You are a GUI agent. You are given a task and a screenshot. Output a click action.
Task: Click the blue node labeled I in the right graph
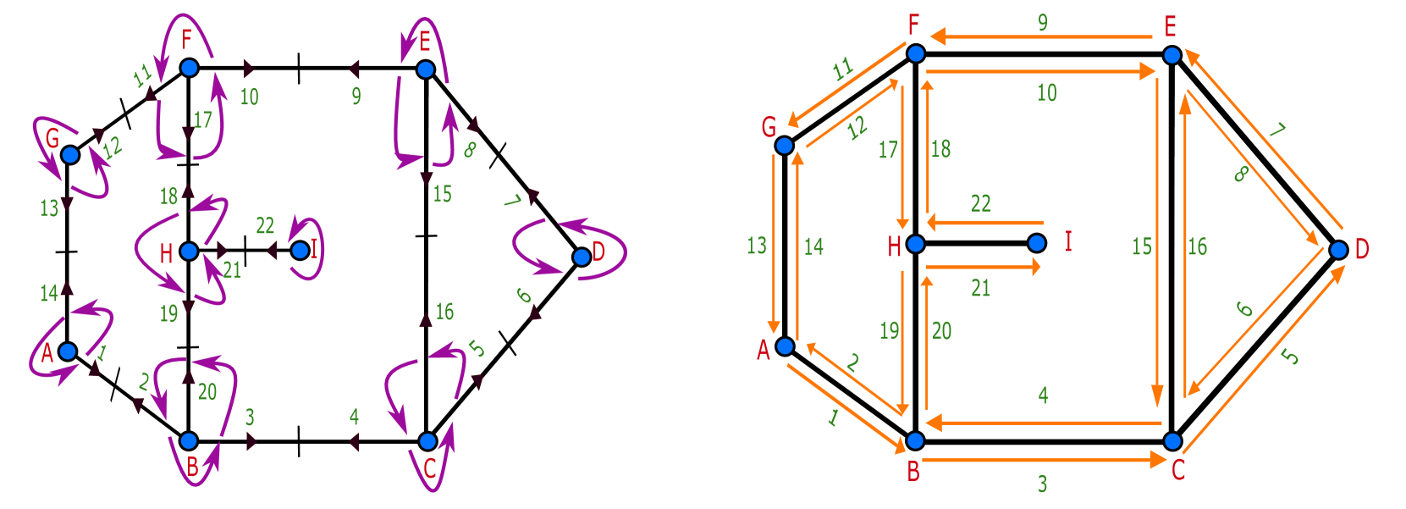1037,243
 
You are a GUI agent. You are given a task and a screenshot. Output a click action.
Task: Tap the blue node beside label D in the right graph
1338,250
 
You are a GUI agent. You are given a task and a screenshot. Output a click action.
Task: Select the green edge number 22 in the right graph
980,203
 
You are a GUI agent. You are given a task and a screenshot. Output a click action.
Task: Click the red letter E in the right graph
1171,27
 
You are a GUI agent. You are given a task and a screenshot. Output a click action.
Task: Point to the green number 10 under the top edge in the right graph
1047,92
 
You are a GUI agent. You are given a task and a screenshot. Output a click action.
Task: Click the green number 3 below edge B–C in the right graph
1042,484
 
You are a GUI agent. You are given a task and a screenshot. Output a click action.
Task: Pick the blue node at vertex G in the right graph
785,146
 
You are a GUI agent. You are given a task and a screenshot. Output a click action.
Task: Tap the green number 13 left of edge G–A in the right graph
757,246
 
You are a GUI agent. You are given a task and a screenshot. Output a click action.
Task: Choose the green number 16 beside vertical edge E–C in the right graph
1198,246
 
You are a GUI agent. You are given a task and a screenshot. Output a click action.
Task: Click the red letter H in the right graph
894,246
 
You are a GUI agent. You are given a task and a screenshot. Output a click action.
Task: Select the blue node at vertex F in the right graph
916,54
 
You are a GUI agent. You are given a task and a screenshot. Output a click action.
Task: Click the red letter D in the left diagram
599,251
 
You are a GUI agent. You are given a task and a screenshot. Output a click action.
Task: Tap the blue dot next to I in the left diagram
300,251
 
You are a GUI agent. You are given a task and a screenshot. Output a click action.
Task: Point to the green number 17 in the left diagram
202,119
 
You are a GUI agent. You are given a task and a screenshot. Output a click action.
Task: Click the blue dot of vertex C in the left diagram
427,441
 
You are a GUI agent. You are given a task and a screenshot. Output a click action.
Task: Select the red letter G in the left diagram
52,138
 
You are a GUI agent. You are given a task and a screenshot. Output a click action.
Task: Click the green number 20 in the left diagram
207,391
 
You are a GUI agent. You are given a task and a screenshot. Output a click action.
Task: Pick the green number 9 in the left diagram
356,97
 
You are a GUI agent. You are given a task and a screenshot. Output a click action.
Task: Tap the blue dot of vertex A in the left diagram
68,351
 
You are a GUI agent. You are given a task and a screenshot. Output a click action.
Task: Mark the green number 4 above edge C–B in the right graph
1043,395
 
